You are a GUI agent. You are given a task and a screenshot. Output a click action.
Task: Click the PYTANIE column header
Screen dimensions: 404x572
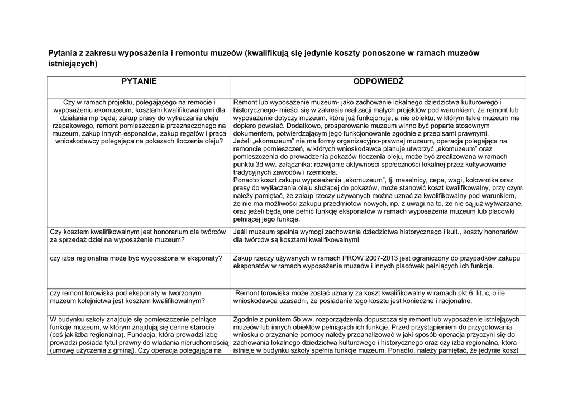tap(139, 82)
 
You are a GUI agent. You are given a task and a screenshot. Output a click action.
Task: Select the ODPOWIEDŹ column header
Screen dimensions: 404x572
tap(378, 82)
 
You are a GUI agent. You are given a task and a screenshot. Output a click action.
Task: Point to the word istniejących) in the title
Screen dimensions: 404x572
tap(73, 64)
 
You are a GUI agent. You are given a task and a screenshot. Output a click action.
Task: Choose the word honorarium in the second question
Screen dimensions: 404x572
tap(163, 232)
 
